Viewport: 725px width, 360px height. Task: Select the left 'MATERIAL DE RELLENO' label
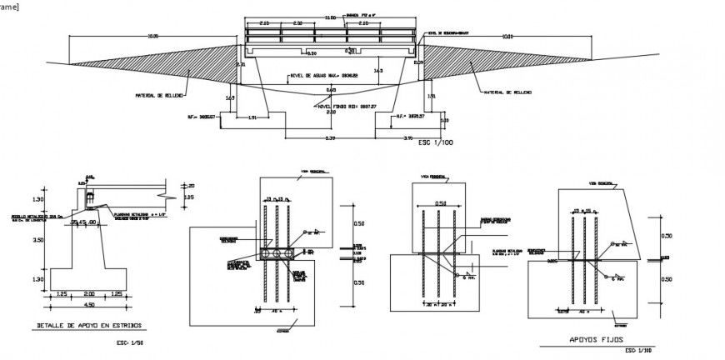[x=159, y=95]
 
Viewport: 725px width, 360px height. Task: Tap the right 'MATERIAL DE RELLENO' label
[x=507, y=92]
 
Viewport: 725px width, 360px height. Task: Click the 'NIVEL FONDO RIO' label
[x=347, y=107]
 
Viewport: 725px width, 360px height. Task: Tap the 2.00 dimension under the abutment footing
[x=88, y=294]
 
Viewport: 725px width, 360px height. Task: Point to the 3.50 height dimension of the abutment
[x=37, y=239]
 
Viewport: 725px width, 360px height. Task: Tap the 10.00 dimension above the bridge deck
[x=330, y=17]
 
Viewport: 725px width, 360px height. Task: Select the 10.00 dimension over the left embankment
[x=152, y=36]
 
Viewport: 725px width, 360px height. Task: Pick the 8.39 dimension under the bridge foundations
[x=331, y=137]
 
